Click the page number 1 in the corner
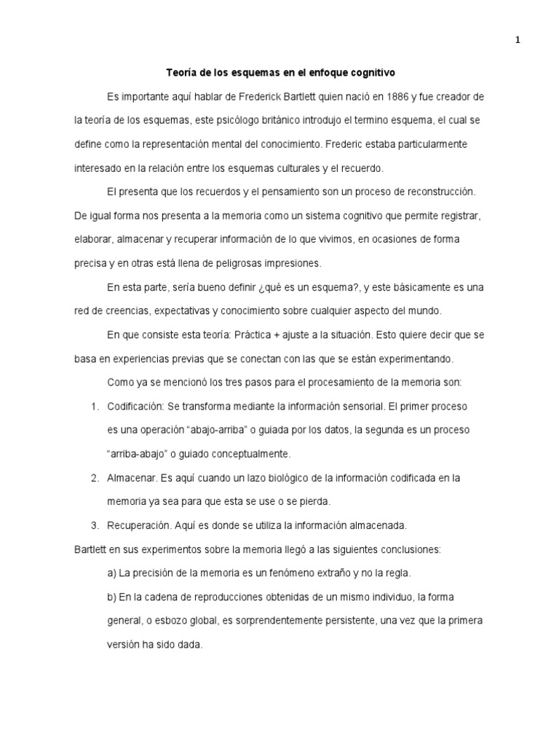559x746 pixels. click(x=518, y=41)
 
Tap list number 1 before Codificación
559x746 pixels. click(x=95, y=406)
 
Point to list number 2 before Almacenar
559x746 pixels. click(x=95, y=477)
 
